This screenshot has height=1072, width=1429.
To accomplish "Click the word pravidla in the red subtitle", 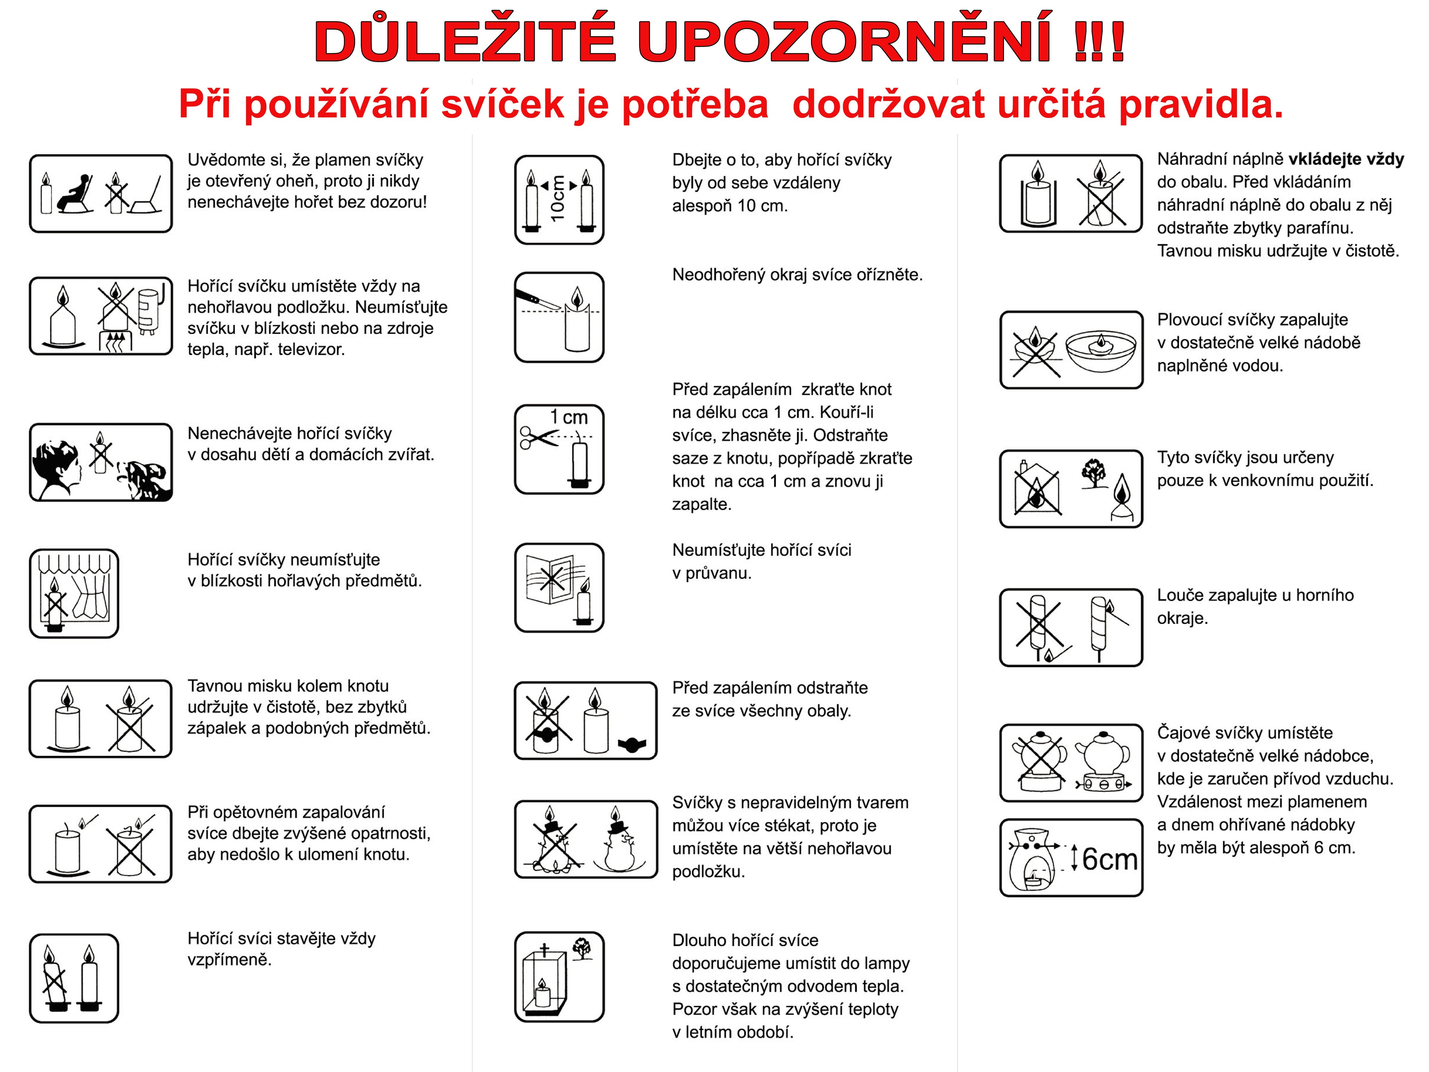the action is [x=1200, y=103].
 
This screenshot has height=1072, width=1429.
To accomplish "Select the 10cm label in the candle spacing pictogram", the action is [x=558, y=198].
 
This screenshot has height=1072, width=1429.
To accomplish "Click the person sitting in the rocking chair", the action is [x=76, y=192].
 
